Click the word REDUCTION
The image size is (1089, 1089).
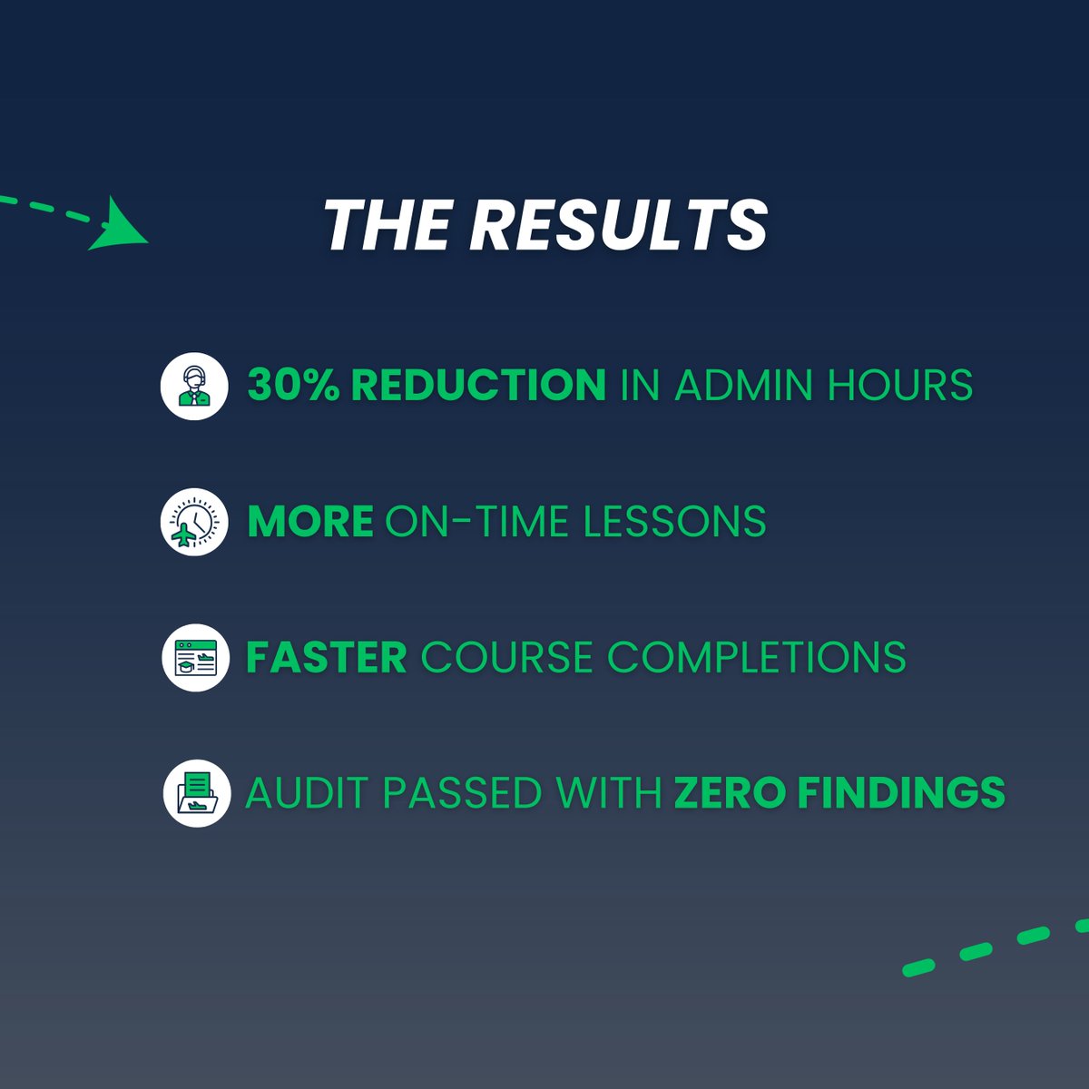478,386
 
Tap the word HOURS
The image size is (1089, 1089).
900,386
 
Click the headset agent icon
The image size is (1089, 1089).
194,386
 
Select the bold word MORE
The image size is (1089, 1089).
309,522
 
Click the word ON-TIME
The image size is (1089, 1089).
476,522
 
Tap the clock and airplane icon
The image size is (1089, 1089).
194,522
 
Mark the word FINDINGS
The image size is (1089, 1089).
901,793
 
